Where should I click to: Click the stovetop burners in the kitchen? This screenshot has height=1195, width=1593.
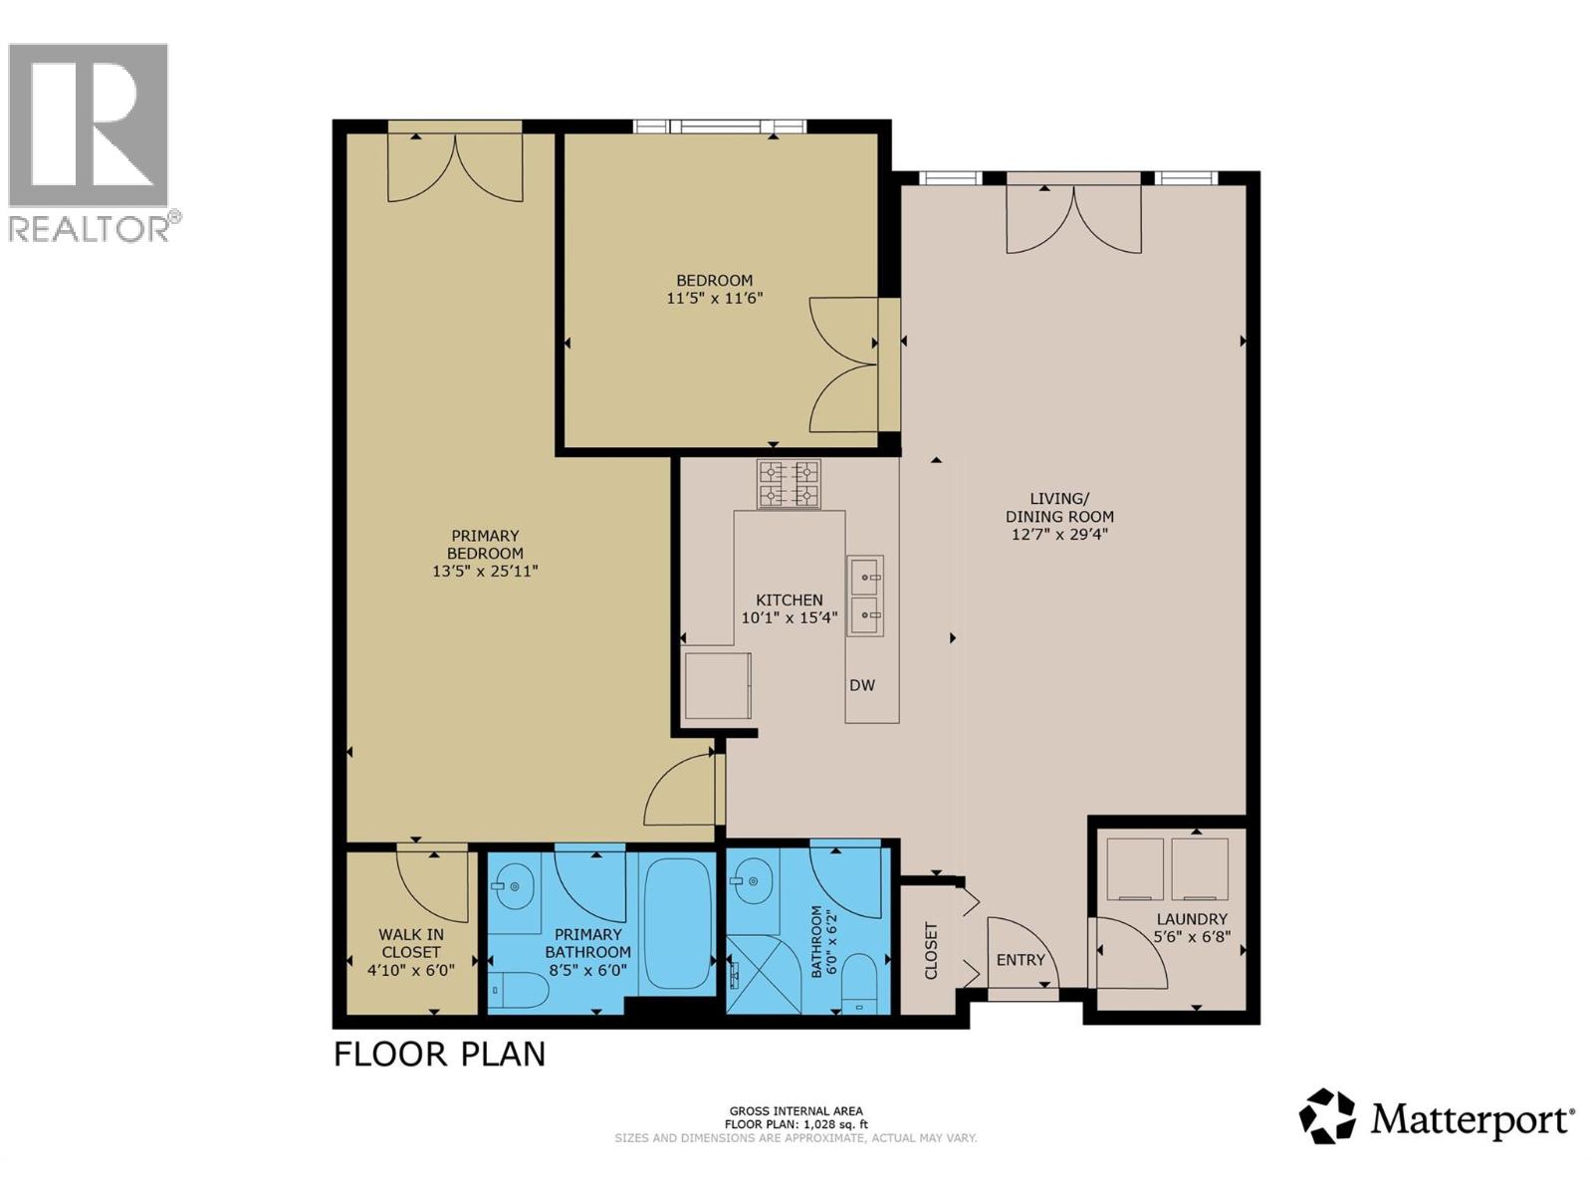point(789,484)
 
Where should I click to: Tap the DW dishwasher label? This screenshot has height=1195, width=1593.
point(862,685)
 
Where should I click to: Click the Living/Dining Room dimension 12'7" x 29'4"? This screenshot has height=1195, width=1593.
point(1059,535)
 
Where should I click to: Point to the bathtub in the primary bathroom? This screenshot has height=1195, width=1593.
point(676,923)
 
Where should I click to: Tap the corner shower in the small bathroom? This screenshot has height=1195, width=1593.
point(763,974)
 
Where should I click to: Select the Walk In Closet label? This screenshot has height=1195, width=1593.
point(411,943)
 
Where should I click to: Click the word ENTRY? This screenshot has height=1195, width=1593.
point(1021,960)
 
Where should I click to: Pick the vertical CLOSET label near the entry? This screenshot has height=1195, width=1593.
point(931,951)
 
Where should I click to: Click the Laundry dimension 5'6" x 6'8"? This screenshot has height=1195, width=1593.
point(1192,937)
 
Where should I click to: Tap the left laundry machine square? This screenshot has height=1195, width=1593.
point(1136,868)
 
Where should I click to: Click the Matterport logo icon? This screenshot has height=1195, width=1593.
point(1328,1116)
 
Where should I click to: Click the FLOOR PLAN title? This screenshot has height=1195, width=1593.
point(439,1054)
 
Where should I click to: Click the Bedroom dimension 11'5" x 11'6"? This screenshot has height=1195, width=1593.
point(715,298)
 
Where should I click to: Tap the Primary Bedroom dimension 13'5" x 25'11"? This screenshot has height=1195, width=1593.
point(485,572)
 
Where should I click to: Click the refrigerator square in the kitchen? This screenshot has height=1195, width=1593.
point(718,686)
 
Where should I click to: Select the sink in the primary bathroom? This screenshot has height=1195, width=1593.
point(515,883)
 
